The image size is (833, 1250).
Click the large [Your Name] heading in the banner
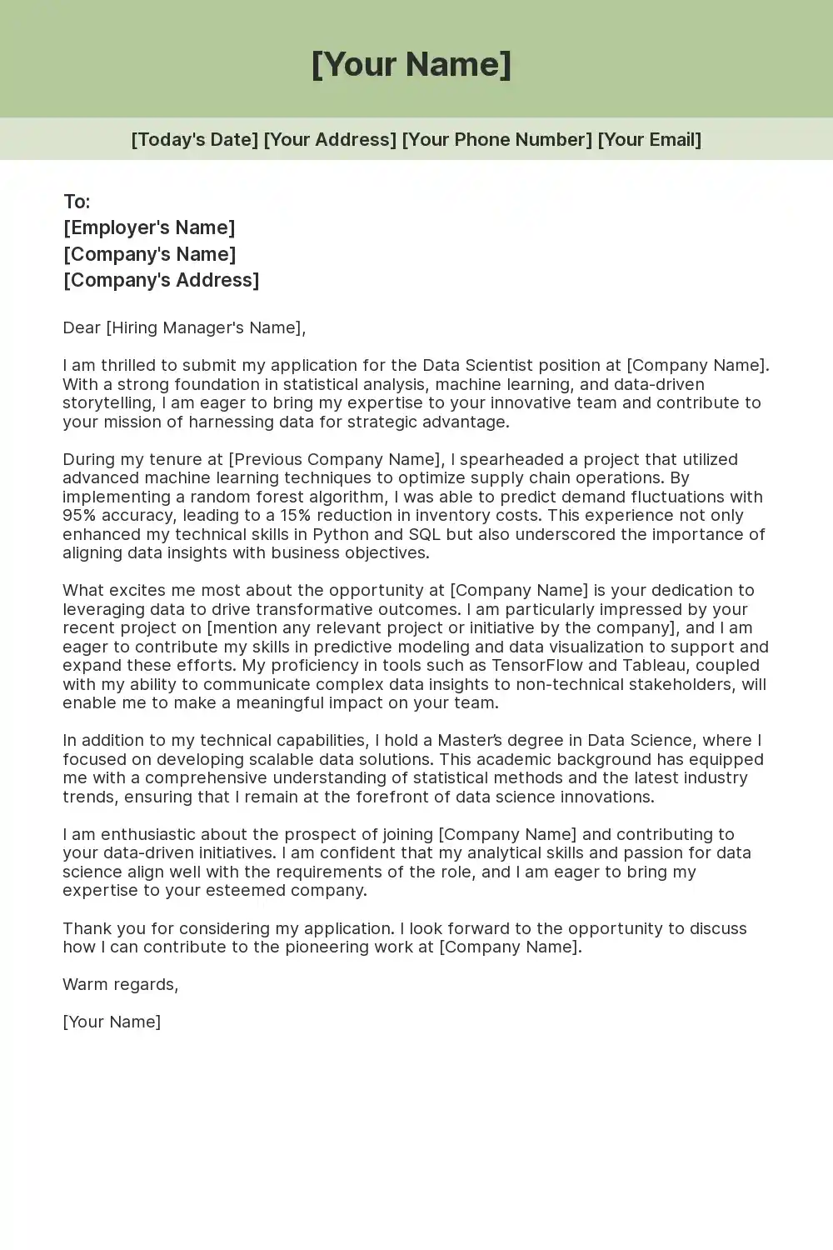click(x=412, y=64)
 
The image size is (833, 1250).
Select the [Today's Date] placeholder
click(x=194, y=139)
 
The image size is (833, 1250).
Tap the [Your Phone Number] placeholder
click(x=496, y=139)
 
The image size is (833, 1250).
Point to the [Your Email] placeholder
click(x=650, y=139)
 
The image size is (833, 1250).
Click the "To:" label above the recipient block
click(x=77, y=202)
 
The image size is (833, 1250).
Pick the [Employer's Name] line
click(x=149, y=227)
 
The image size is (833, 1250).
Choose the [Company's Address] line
click(x=161, y=280)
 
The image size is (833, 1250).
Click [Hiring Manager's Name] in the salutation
click(x=203, y=327)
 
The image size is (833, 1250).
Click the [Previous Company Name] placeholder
click(x=335, y=459)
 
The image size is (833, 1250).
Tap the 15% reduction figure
click(x=295, y=515)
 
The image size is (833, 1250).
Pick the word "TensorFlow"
click(x=542, y=665)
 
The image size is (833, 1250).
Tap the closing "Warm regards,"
click(x=120, y=984)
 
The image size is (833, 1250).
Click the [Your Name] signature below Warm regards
click(x=112, y=1022)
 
